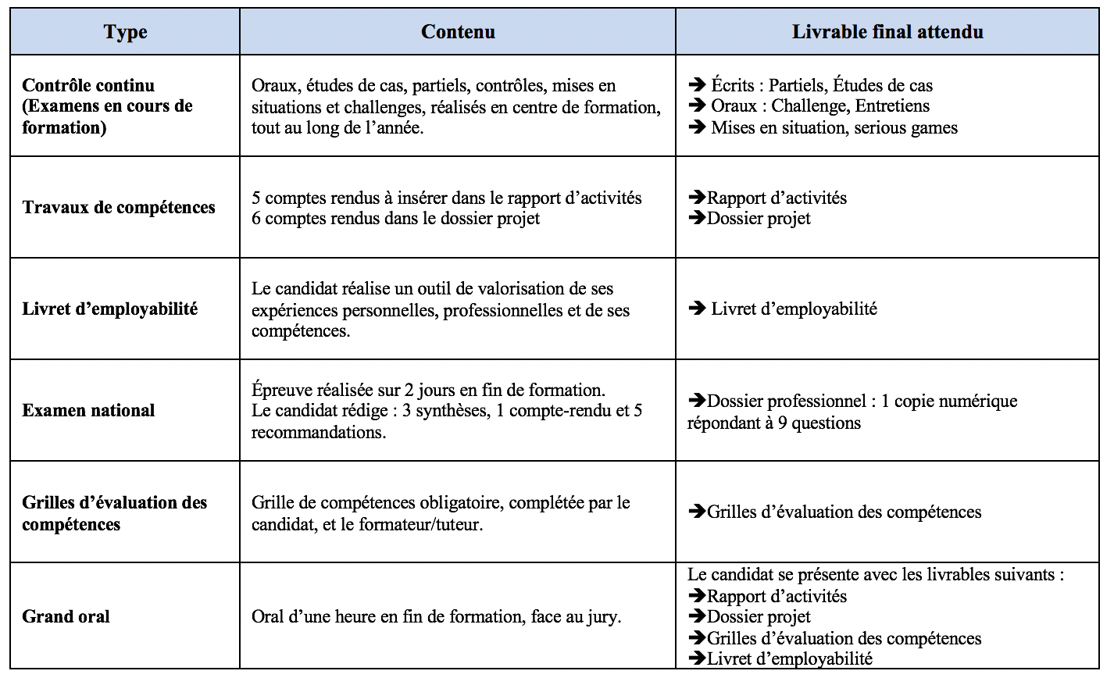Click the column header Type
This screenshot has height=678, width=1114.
125,32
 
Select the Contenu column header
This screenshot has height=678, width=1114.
458,32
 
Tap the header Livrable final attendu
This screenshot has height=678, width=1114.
887,32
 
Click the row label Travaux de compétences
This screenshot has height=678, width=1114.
119,208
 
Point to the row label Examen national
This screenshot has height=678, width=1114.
88,411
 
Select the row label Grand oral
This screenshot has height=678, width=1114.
66,617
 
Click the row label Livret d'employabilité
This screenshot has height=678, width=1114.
109,309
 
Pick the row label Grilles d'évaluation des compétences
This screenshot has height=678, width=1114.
114,513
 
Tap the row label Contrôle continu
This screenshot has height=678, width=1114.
88,86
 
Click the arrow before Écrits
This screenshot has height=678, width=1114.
697,85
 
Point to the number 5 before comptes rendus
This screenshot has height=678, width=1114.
256,198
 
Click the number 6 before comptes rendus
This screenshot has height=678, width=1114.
256,219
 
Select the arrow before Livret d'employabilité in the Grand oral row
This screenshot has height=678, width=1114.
697,659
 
